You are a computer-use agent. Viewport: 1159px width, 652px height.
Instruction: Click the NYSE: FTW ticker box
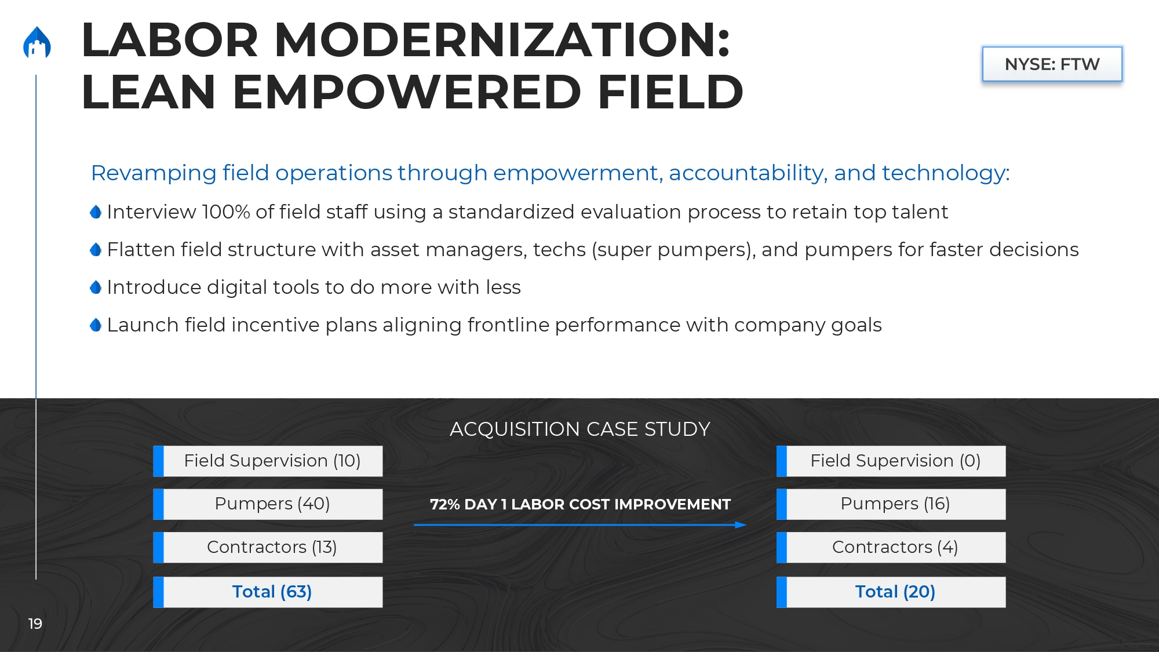click(1052, 64)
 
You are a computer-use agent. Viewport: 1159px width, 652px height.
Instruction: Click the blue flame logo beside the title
click(37, 43)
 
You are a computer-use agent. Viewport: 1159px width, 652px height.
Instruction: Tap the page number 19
click(35, 624)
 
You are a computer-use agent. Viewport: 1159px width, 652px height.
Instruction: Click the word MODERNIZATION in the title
click(502, 40)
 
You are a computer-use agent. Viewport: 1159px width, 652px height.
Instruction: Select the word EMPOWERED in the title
click(407, 92)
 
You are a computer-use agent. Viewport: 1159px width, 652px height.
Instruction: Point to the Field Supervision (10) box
click(268, 461)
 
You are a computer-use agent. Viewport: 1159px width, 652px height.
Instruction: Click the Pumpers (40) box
click(268, 504)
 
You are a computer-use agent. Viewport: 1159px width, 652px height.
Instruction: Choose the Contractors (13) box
click(268, 547)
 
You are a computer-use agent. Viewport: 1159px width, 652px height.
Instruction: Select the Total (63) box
click(268, 592)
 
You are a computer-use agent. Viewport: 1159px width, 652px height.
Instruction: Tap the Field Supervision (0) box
click(891, 461)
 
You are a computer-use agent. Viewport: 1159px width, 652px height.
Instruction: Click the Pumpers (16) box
click(891, 504)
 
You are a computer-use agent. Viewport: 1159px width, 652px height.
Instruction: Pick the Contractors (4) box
click(891, 547)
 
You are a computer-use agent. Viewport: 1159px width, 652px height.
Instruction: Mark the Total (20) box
click(891, 592)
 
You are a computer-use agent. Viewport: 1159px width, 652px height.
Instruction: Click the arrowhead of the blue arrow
click(742, 525)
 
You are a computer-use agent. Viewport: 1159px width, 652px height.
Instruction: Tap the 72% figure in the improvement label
click(444, 504)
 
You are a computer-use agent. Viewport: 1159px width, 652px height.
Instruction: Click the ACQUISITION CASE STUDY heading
click(579, 429)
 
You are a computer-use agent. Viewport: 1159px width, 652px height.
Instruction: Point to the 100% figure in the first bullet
click(226, 212)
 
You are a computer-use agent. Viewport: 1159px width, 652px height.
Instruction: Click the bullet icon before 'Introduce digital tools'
click(96, 287)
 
